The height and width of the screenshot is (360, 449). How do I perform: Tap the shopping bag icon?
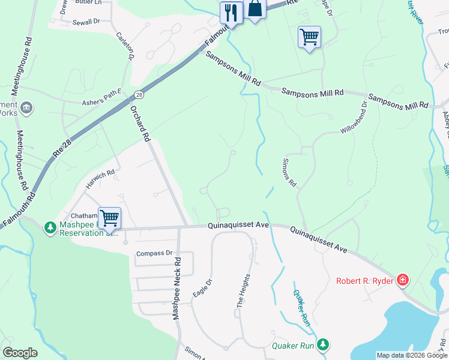[255, 9]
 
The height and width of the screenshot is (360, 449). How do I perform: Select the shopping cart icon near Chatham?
[110, 218]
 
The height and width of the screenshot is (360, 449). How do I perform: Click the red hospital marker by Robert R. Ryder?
[403, 280]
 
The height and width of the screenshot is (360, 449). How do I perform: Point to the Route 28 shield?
[139, 95]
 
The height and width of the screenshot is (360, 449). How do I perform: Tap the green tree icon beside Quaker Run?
[324, 344]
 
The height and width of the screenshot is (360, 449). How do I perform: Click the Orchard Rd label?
[139, 124]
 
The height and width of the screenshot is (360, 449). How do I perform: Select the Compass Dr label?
[154, 253]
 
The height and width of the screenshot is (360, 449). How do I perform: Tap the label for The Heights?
[244, 290]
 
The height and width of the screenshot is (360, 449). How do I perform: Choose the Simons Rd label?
[289, 173]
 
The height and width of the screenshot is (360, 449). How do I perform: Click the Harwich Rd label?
[99, 179]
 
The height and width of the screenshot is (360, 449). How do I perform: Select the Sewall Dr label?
[86, 21]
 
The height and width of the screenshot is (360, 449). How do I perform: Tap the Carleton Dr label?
[124, 46]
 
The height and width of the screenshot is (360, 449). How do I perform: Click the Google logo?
[20, 353]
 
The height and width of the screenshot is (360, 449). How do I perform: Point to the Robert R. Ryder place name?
[365, 281]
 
